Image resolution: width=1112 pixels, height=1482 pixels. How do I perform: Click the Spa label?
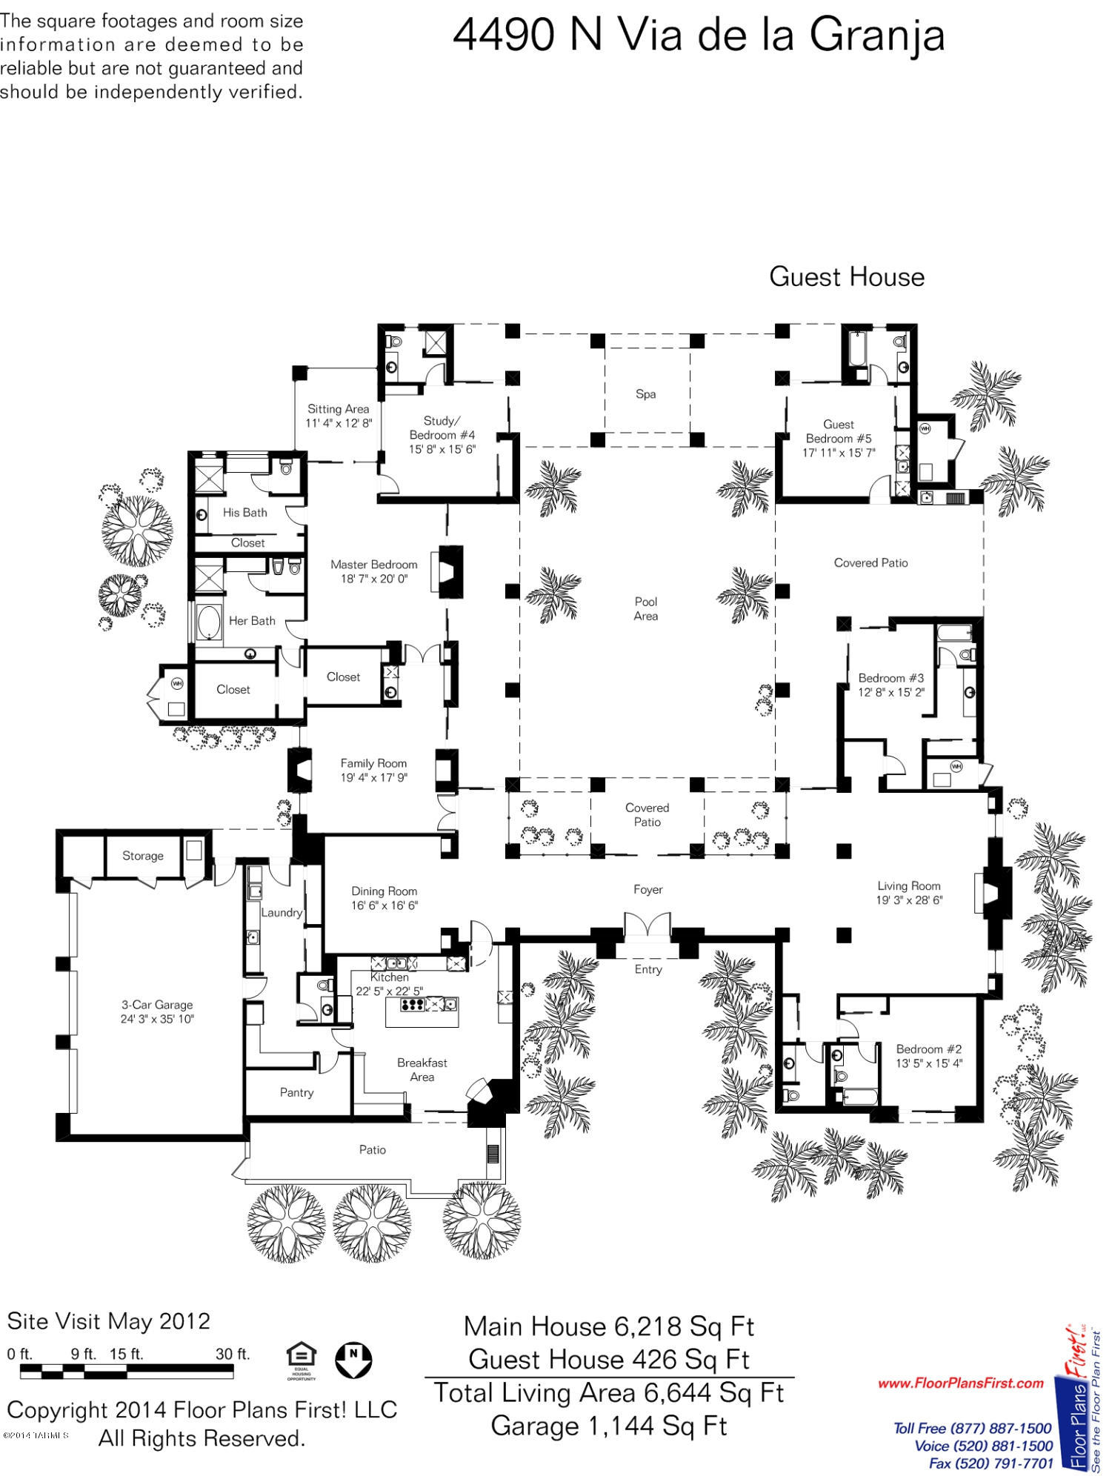645,394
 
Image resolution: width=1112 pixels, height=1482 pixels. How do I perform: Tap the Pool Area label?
646,608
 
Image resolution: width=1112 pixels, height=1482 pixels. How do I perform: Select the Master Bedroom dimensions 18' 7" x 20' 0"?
374,579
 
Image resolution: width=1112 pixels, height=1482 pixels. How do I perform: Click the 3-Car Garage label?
157,1005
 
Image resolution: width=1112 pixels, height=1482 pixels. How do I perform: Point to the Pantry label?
296,1092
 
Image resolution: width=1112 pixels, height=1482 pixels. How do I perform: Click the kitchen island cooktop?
413,1005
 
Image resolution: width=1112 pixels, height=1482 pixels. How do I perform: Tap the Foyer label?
647,889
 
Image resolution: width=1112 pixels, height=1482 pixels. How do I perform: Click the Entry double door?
647,926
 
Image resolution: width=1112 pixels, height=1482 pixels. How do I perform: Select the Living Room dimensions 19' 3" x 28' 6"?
909,900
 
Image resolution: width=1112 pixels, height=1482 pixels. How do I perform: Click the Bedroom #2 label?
929,1049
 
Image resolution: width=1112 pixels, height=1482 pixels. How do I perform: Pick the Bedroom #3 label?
891,678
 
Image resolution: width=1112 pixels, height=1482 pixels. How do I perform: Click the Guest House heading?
847,277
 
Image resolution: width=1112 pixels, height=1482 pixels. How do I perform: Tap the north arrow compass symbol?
353,1359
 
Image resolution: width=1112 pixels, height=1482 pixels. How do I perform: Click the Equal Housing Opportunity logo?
301,1360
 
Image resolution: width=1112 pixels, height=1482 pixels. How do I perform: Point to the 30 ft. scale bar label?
233,1354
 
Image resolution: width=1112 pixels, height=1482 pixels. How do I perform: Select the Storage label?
143,856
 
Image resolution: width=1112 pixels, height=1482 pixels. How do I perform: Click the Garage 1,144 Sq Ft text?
609,1426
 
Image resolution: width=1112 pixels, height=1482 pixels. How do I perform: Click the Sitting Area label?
339,409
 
